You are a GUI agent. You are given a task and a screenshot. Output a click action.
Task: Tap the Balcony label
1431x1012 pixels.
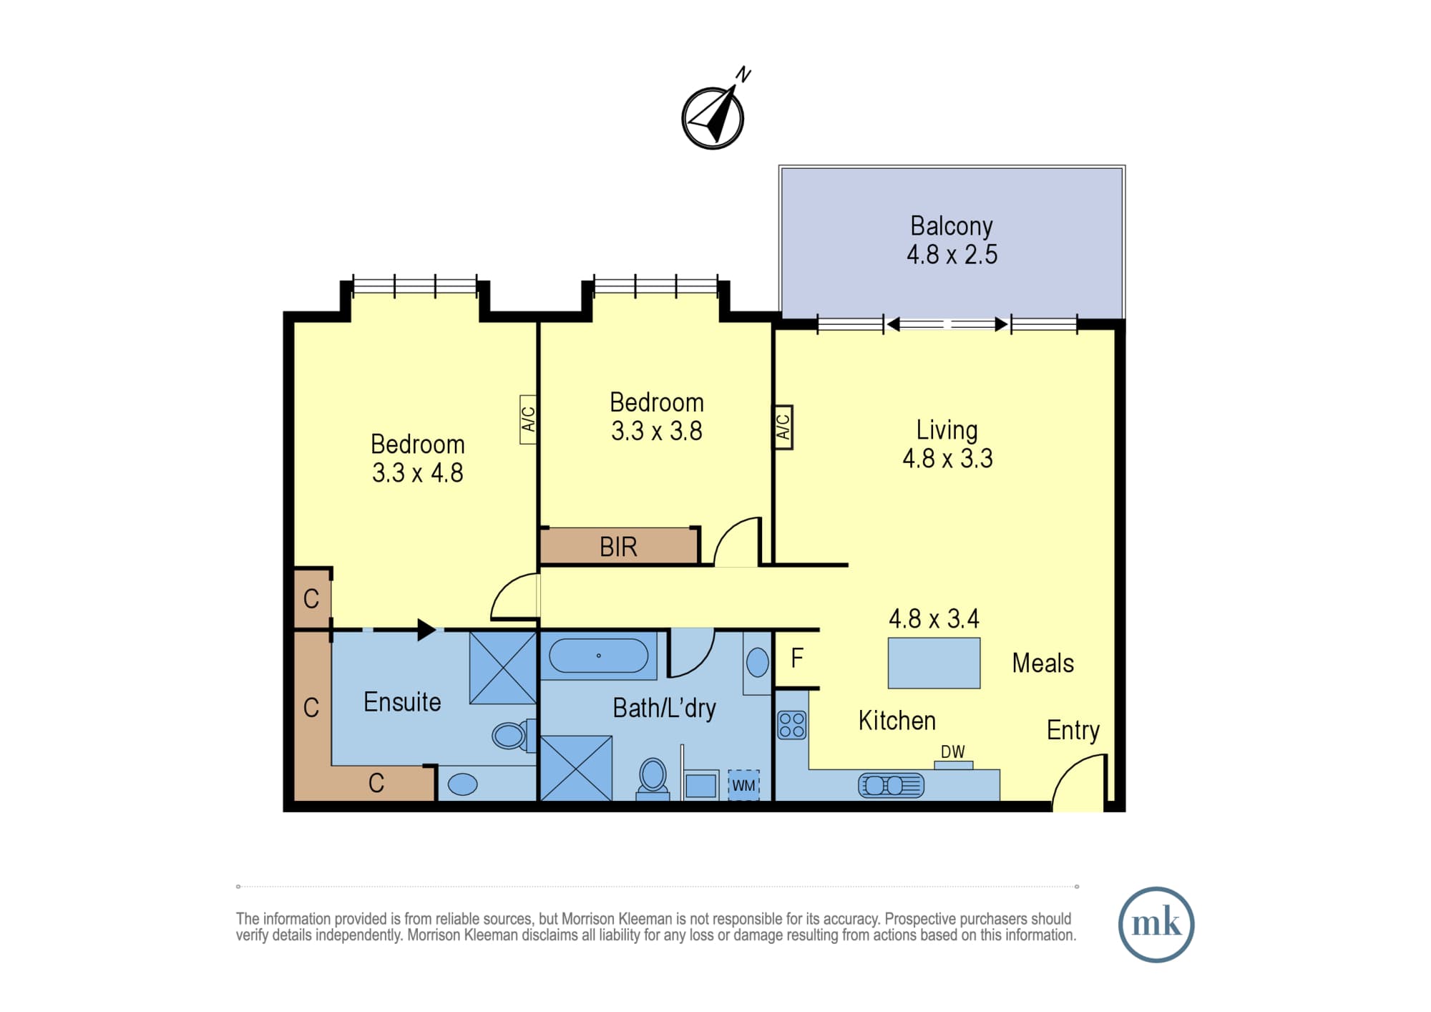pos(951,226)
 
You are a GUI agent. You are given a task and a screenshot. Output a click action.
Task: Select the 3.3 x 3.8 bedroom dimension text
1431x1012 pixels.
pos(656,431)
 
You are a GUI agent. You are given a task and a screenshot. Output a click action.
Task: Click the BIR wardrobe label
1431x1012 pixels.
pos(618,547)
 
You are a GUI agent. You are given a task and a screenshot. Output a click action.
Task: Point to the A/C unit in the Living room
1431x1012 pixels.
pos(783,427)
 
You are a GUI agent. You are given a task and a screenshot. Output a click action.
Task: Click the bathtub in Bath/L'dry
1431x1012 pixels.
pos(599,656)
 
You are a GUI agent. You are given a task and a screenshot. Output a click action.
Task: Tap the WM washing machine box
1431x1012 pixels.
pos(743,785)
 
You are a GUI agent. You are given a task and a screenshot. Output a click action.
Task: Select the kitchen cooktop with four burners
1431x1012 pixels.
pos(791,725)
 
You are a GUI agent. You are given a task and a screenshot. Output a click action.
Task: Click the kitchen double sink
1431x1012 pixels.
pos(891,786)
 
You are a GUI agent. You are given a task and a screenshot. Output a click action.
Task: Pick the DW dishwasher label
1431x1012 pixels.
pos(952,751)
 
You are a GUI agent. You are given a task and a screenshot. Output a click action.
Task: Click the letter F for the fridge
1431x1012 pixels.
pos(797,658)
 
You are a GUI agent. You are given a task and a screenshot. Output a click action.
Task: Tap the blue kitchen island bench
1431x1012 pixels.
pos(934,663)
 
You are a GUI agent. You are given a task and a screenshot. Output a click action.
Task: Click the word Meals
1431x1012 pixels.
pos(1042,663)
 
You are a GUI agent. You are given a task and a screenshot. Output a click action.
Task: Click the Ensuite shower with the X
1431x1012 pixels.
pos(503,668)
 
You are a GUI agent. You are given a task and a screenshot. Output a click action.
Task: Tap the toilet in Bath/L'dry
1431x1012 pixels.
pos(653,779)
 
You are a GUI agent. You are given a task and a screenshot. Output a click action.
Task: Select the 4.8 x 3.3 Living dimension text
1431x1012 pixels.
pos(947,459)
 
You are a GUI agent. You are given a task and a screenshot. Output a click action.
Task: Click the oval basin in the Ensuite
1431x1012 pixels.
pos(462,784)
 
